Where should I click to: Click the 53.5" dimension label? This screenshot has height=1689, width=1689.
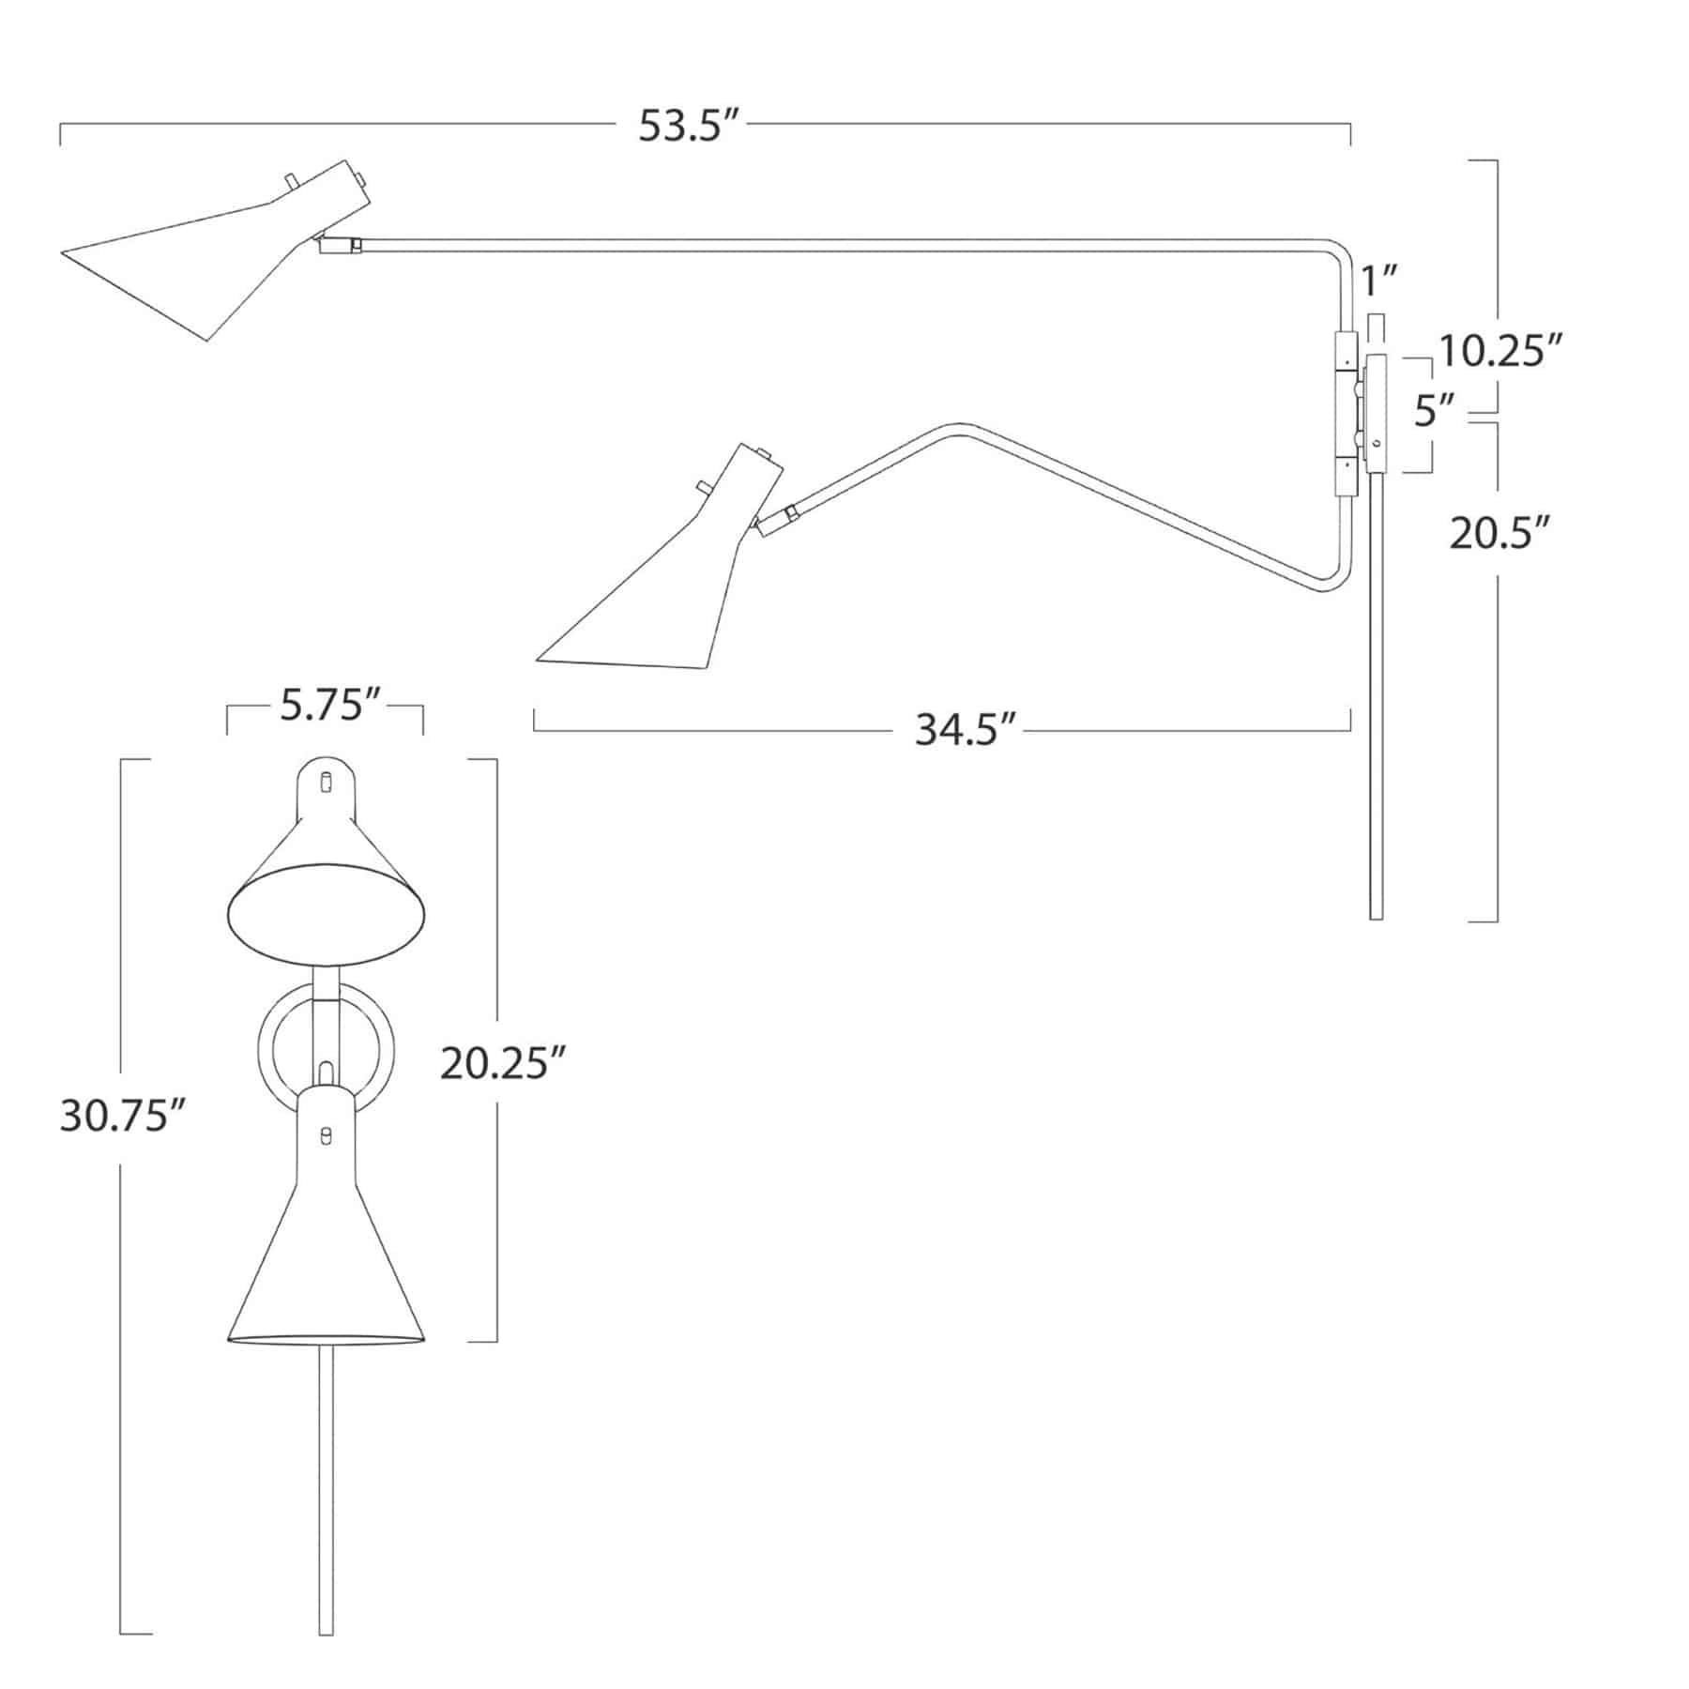(684, 126)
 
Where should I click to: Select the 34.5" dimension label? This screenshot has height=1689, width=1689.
(966, 730)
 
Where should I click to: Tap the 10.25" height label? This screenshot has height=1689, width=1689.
(1499, 352)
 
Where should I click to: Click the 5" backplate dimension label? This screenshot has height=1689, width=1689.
(1435, 410)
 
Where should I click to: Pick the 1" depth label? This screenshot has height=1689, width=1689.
(1378, 281)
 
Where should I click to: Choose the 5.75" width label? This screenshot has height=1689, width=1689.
(325, 705)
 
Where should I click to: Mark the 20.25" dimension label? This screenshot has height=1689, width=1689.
(503, 1064)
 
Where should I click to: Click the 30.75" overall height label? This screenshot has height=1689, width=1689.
(120, 1117)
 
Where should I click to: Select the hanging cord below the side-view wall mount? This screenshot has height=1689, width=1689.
(1376, 704)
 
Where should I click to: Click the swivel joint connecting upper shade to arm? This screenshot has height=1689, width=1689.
(340, 245)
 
